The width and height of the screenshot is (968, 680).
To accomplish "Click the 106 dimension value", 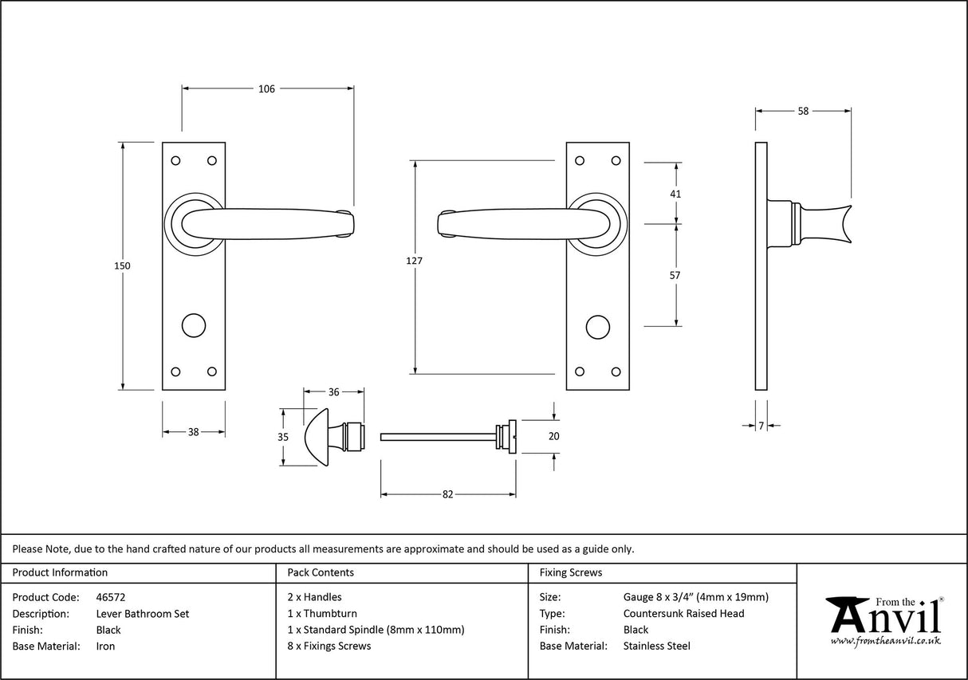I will tap(266, 89).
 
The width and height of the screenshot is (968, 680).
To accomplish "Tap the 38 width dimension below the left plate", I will tap(193, 432).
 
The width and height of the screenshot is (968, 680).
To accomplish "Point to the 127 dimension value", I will tap(414, 261).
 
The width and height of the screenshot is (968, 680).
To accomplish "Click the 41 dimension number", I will tap(675, 194).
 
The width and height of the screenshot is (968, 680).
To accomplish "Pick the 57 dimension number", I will tap(675, 275).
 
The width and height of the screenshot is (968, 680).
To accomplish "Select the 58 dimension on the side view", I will tap(802, 112).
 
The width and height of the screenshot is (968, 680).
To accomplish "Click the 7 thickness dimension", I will tap(761, 426).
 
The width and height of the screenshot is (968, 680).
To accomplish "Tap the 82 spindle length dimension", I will tap(447, 495).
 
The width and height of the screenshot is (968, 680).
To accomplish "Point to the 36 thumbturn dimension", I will tap(334, 392).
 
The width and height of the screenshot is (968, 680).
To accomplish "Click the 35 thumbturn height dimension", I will tap(282, 438).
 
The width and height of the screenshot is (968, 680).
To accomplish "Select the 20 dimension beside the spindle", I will tap(554, 436).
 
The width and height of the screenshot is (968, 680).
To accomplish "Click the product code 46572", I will tap(111, 597).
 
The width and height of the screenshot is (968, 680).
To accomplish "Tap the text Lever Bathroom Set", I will tap(143, 614).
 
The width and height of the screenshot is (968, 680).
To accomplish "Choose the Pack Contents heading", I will tap(320, 572).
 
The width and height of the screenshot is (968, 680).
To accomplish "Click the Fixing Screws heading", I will tap(571, 572).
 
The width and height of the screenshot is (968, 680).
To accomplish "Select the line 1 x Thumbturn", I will tap(322, 614).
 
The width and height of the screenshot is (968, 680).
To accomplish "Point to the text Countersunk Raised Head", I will tap(683, 614).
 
